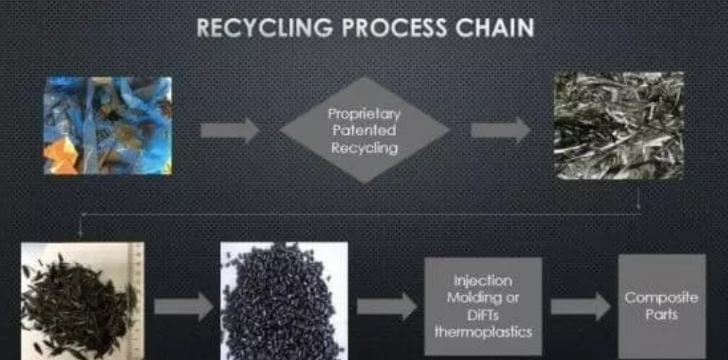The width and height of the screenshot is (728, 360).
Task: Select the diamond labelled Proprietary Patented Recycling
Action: click(x=364, y=130)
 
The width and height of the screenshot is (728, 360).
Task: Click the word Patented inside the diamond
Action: click(x=364, y=131)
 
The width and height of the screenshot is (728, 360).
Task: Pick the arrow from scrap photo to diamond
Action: click(x=229, y=130)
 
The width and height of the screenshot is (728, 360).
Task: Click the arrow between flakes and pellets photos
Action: click(x=184, y=307)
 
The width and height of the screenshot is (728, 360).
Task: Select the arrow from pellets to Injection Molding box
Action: click(x=387, y=307)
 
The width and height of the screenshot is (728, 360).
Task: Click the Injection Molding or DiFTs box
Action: click(x=482, y=306)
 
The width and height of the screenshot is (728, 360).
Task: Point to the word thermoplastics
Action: click(x=482, y=332)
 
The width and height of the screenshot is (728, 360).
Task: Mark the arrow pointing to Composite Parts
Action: click(x=581, y=307)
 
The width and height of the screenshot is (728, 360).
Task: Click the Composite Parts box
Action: click(x=661, y=306)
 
